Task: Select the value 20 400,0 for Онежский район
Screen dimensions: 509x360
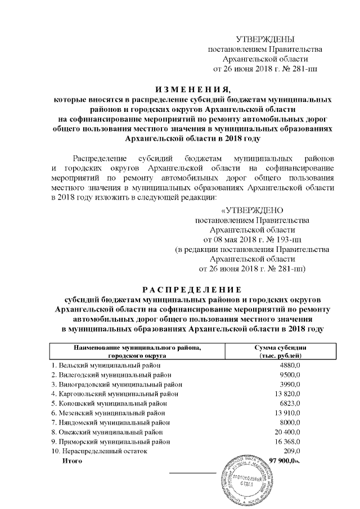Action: (x=287, y=432)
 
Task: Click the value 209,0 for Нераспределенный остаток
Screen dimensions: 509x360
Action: (x=292, y=451)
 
